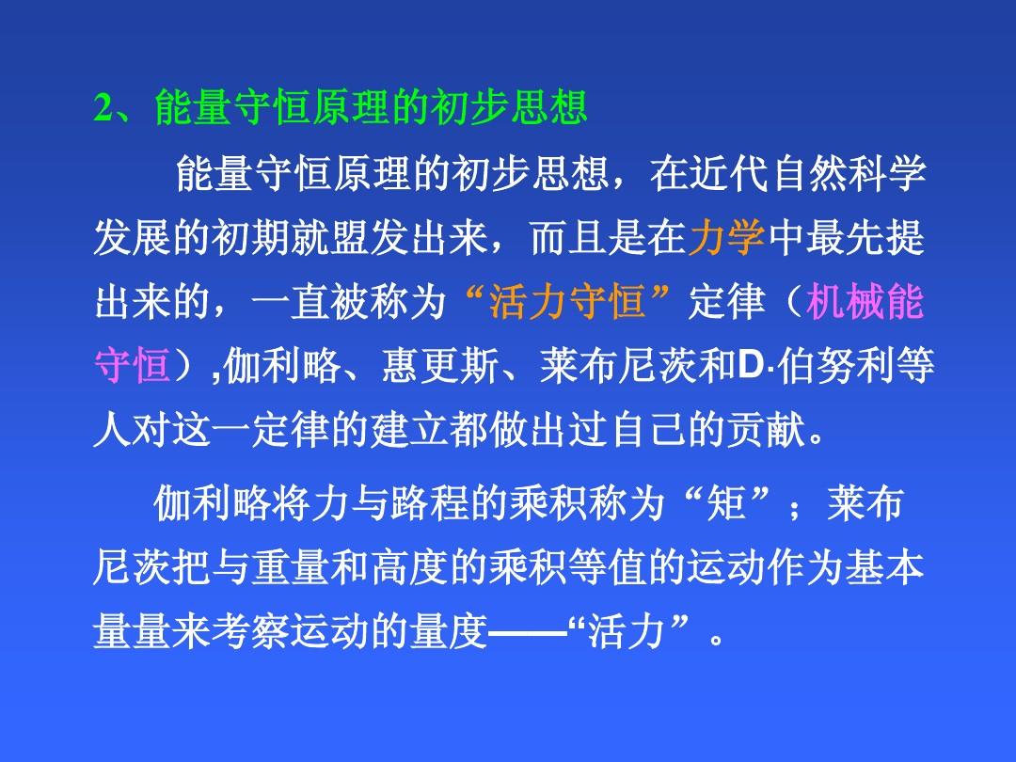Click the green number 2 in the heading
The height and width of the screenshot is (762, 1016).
pyautogui.click(x=103, y=107)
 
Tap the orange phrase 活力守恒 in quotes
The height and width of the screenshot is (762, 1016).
pyautogui.click(x=567, y=301)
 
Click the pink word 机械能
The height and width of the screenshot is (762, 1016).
pyautogui.click(x=865, y=301)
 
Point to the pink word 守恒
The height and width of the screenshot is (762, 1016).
pyautogui.click(x=133, y=365)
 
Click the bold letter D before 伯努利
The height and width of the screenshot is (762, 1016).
pyautogui.click(x=751, y=365)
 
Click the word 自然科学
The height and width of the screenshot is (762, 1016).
pyautogui.click(x=849, y=174)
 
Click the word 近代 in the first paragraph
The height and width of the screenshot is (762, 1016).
pyautogui.click(x=730, y=174)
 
